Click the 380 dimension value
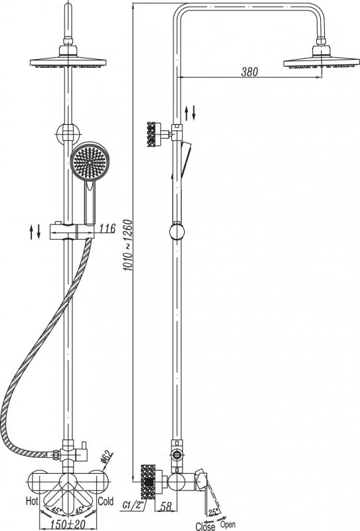(250, 72)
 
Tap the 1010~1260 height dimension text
(128, 245)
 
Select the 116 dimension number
(108, 228)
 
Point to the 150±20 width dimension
(68, 524)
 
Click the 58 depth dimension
(166, 506)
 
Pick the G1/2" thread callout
(133, 505)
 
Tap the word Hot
(32, 501)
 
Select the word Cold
(106, 501)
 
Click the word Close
(205, 526)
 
